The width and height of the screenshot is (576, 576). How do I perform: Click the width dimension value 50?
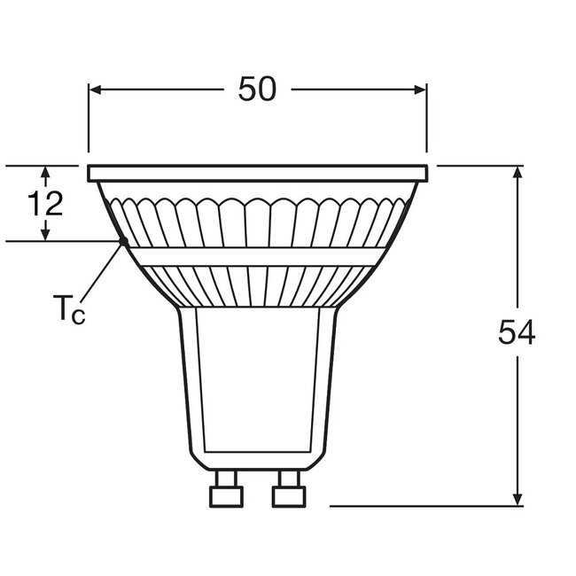tap(258, 90)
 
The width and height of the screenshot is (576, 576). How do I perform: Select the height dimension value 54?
tap(517, 334)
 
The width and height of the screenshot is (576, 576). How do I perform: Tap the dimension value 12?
tap(44, 205)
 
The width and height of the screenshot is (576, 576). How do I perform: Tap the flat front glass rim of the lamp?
tap(258, 173)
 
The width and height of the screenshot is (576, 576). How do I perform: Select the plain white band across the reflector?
tap(258, 257)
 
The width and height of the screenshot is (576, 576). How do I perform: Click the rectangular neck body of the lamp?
tap(257, 381)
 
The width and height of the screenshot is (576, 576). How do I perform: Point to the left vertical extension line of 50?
tap(88, 120)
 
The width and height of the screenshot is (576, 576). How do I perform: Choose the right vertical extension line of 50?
tap(428, 120)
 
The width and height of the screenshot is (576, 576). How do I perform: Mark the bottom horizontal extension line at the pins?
tap(425, 506)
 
